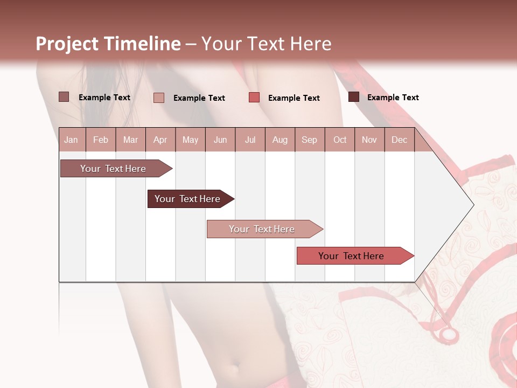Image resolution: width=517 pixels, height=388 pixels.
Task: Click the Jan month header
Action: click(x=71, y=140)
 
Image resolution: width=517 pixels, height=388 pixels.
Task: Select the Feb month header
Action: click(x=101, y=140)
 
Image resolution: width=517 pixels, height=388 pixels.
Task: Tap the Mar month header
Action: click(x=130, y=140)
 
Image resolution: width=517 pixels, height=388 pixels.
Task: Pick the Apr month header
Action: click(x=160, y=140)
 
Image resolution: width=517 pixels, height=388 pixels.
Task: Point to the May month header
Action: click(x=190, y=140)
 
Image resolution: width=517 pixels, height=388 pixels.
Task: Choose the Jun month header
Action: click(x=220, y=140)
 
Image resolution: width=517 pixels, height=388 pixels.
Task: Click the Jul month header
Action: click(x=250, y=140)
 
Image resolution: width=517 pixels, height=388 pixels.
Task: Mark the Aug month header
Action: click(x=280, y=140)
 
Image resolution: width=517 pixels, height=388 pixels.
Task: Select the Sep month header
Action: click(x=309, y=140)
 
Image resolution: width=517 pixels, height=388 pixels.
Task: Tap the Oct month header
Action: click(x=340, y=140)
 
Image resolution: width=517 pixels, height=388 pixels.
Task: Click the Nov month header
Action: click(x=369, y=140)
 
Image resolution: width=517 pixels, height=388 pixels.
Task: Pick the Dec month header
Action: click(x=399, y=140)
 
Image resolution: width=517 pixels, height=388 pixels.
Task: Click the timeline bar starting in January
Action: click(x=114, y=169)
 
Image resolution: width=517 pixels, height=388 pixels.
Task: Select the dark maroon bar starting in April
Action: click(x=188, y=199)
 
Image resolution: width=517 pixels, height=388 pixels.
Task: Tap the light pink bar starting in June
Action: click(x=262, y=229)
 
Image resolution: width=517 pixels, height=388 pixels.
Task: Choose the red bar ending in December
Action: click(x=352, y=256)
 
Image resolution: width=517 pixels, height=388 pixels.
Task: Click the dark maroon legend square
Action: click(x=354, y=97)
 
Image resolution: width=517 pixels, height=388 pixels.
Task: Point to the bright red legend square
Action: click(x=254, y=98)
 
